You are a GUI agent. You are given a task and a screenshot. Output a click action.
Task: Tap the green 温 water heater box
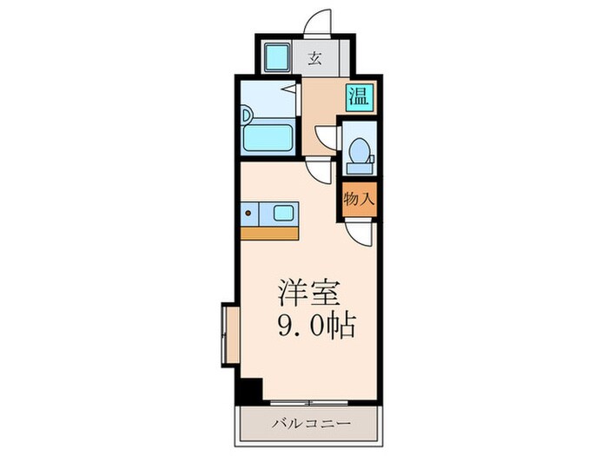(358, 96)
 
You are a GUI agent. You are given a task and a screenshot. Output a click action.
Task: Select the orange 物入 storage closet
(359, 198)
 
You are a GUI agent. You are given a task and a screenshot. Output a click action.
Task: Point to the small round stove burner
(248, 211)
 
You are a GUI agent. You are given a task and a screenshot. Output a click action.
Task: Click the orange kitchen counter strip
(270, 232)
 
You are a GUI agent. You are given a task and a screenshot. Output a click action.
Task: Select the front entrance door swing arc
(320, 21)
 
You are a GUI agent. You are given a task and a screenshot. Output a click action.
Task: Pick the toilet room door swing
(326, 137)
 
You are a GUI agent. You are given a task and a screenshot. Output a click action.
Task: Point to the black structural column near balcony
(250, 391)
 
